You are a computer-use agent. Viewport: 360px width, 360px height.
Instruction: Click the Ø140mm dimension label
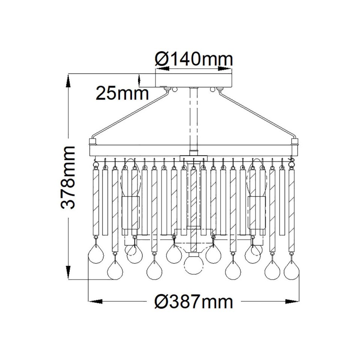(x=193, y=58)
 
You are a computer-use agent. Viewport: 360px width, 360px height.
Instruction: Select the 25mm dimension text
(x=122, y=93)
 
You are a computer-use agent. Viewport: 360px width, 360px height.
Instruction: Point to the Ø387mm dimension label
(x=193, y=301)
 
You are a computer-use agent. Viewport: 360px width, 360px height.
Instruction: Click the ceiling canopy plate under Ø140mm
(x=193, y=80)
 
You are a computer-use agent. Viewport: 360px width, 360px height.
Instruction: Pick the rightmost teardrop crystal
(x=291, y=269)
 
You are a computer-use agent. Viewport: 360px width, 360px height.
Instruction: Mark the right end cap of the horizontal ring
(x=295, y=143)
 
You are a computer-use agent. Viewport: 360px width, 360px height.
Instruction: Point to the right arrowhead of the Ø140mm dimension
(x=225, y=69)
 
